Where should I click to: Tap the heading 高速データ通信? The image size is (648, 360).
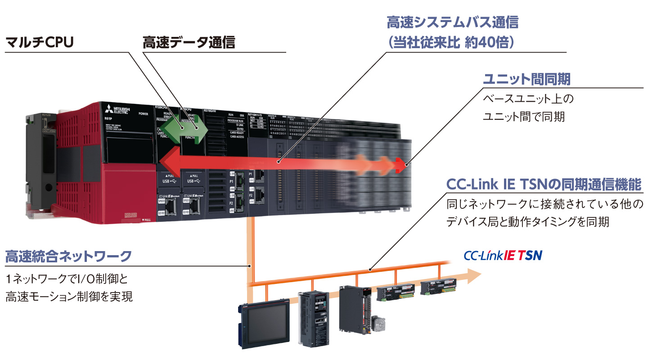click(189, 42)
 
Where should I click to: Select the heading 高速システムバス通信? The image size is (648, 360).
click(452, 22)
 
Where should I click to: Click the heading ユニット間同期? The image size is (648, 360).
click(526, 80)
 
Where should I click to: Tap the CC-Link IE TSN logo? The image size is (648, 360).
click(503, 256)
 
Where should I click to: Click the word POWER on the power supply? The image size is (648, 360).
click(144, 114)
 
